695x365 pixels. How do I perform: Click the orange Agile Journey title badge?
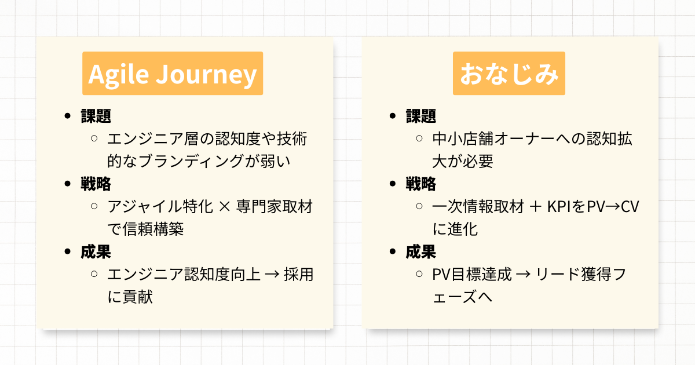coord(173,73)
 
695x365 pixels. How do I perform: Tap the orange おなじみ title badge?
coord(509,73)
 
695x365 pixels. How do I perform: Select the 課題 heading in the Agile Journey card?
coord(96,116)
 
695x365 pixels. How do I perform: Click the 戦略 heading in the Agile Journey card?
coord(96,184)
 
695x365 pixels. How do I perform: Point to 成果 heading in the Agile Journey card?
coord(96,251)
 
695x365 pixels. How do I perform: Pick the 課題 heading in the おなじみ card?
coord(421,116)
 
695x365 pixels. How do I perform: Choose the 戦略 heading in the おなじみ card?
coord(421,184)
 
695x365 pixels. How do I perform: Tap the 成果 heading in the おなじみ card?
coord(421,251)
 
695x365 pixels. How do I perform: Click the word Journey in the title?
coord(206,75)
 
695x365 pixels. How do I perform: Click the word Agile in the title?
coord(119,75)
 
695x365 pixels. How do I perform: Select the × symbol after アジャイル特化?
coord(224,207)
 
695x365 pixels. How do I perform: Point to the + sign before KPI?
coord(536,207)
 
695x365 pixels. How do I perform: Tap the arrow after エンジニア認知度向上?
coord(272,275)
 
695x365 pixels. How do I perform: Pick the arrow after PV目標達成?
coord(524,275)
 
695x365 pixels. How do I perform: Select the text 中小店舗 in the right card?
coord(463,138)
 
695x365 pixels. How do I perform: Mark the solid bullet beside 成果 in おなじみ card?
coord(393,251)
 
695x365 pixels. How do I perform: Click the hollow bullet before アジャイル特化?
coord(94,206)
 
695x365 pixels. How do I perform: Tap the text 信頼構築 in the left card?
coord(153,229)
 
